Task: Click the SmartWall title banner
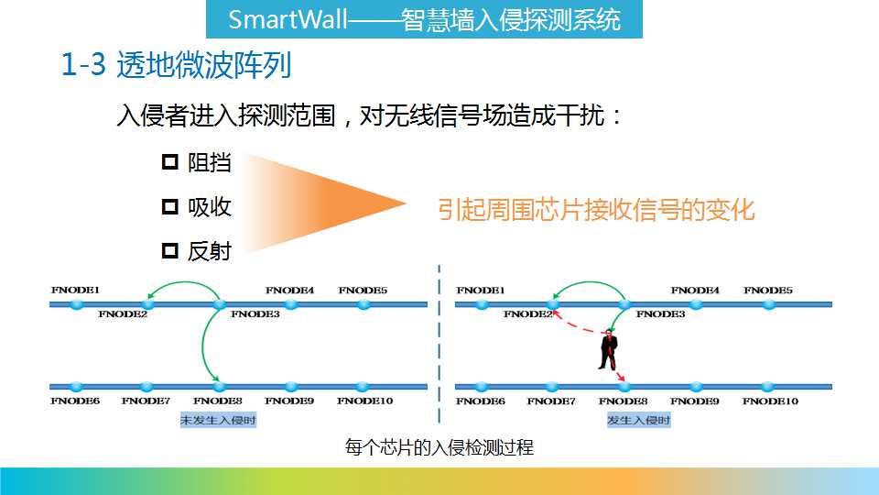tap(424, 19)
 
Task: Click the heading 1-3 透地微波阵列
tap(176, 64)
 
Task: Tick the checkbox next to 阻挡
tap(170, 162)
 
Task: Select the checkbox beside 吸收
tap(170, 206)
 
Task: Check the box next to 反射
tap(170, 250)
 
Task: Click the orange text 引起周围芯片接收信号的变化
tap(596, 210)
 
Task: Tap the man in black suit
tap(608, 349)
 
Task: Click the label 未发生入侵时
tap(218, 420)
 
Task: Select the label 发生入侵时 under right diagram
tap(638, 420)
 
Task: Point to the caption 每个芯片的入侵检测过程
tap(439, 447)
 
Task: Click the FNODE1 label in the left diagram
tap(75, 291)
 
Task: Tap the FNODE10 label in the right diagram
tap(770, 401)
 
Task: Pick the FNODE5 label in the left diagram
tap(363, 291)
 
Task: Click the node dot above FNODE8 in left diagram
tap(219, 386)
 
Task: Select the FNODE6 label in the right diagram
tap(481, 401)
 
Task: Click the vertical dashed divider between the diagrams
tap(439, 344)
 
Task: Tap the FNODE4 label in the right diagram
tap(695, 291)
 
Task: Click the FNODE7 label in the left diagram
tap(146, 401)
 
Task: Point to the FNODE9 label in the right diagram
tap(695, 401)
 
